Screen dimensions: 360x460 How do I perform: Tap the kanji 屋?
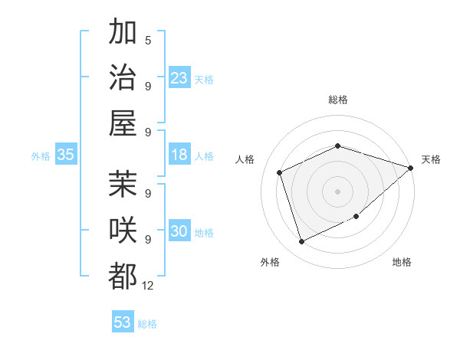[x=123, y=123]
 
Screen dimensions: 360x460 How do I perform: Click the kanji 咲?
[x=123, y=231]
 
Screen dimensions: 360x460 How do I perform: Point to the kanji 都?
[x=123, y=276]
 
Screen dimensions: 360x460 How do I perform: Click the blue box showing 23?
[x=179, y=78]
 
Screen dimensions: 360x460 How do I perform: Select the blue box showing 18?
[x=179, y=155]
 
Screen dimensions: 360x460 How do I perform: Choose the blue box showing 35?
[x=66, y=155]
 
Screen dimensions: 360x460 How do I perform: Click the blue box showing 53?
[x=123, y=322]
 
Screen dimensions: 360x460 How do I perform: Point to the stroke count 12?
[x=148, y=286]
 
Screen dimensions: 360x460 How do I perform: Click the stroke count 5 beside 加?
[x=148, y=41]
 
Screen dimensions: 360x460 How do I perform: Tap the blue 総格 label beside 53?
[x=147, y=324]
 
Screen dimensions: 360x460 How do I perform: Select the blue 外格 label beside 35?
[x=41, y=156]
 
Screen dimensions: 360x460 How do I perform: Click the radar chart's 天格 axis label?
[x=431, y=159]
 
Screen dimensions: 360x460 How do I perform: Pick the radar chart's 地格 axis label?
[x=402, y=263]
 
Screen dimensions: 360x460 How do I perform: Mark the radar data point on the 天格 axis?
[x=410, y=168]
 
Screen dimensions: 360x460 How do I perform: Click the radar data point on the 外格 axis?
[x=302, y=242]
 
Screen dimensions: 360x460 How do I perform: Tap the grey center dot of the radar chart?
[x=337, y=191]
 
